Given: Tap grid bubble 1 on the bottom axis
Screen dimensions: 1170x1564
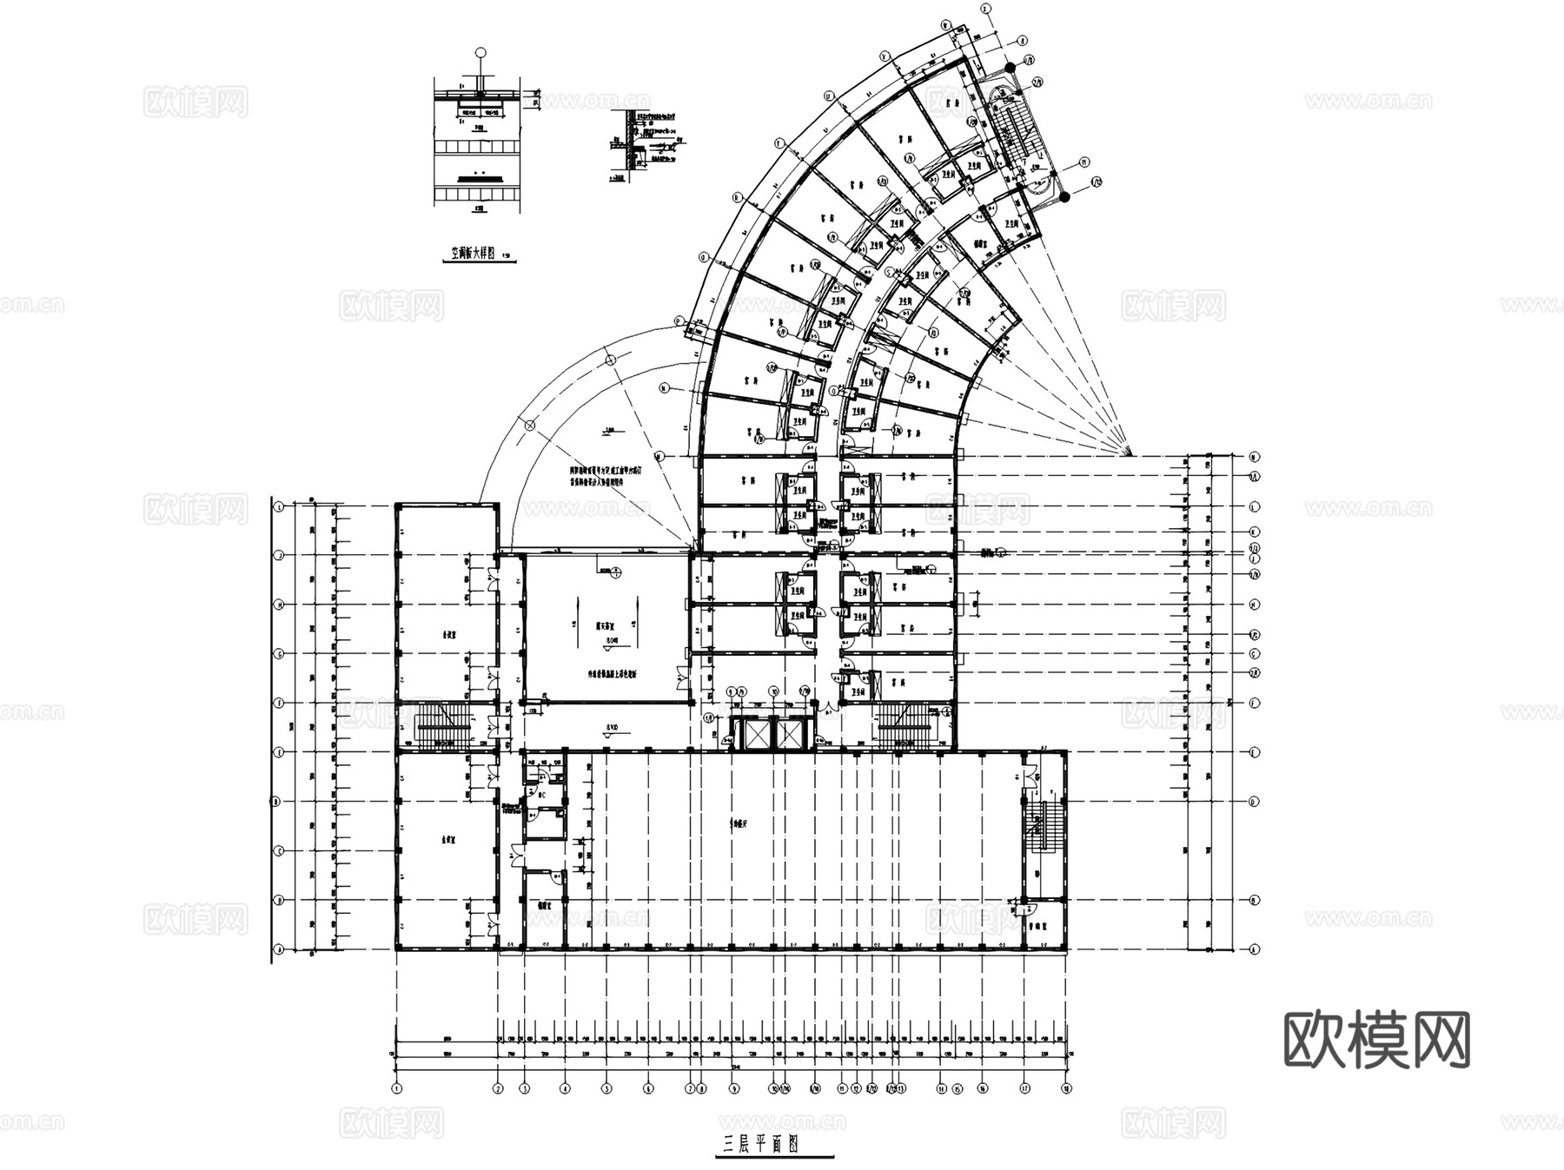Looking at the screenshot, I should tap(397, 1087).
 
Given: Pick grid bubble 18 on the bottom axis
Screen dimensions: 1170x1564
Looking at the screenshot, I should tap(1065, 1087).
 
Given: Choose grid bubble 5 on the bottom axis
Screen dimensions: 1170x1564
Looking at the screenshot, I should tap(607, 1087).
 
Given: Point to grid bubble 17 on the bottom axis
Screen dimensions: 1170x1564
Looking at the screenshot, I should tap(1025, 1087).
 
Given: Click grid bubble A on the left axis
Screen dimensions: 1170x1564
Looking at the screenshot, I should tap(280, 950).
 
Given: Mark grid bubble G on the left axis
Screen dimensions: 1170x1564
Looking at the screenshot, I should tap(280, 653).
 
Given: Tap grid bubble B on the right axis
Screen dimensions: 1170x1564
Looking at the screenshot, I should tap(1254, 901).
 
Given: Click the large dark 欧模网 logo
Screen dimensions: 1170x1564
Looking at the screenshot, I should tap(1376, 1039).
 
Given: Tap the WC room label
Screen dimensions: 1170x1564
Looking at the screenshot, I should tap(540, 792).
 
